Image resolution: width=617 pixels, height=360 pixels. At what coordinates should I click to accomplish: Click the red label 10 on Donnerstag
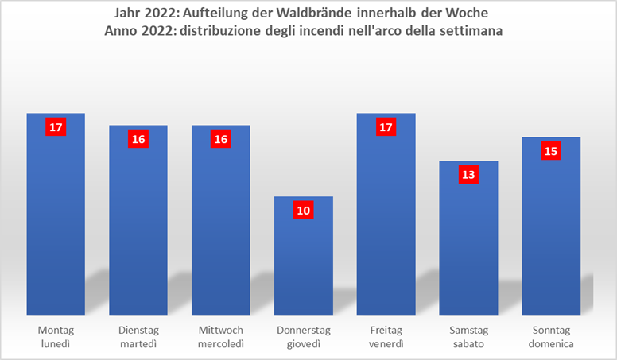(x=303, y=211)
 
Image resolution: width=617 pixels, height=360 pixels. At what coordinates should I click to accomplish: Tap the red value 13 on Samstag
(x=468, y=175)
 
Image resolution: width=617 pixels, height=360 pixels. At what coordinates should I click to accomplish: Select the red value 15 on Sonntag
(x=551, y=151)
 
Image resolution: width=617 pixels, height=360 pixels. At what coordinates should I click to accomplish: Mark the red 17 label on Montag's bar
(x=56, y=127)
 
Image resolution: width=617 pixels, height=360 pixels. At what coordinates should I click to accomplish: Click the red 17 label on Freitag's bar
(x=386, y=127)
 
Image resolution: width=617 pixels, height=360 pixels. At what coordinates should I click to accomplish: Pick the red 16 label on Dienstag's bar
(x=138, y=139)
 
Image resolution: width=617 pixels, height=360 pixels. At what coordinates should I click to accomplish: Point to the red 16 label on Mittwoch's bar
(x=221, y=139)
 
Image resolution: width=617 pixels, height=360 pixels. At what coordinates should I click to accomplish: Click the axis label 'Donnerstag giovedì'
(x=303, y=336)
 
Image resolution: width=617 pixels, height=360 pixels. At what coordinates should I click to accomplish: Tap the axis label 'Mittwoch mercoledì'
(x=221, y=336)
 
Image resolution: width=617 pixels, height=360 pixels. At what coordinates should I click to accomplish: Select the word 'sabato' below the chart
(x=468, y=343)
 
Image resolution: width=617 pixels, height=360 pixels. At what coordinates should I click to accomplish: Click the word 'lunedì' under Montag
(x=56, y=343)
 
